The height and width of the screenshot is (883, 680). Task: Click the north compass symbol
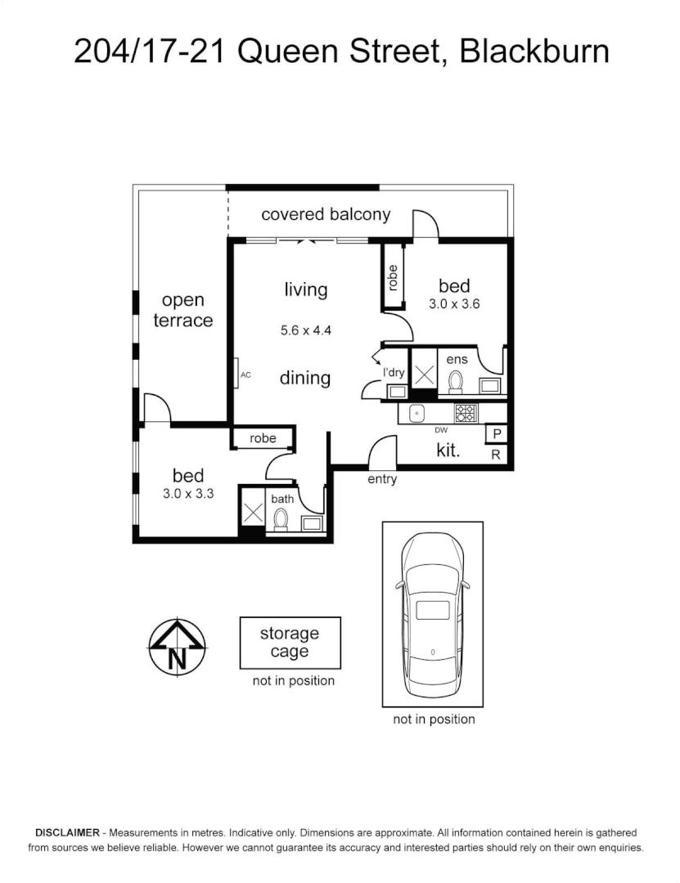coord(177,646)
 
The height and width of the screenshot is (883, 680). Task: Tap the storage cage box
coord(290,643)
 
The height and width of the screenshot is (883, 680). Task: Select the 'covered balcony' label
coord(326,214)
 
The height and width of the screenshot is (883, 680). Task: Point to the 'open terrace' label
coord(183,311)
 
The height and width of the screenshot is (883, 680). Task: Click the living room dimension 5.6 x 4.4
coord(305,331)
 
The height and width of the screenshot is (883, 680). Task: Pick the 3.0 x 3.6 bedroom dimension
coord(454,303)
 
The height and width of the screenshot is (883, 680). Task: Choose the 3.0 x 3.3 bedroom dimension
coord(188,493)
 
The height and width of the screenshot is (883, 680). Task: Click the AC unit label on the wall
coord(245,376)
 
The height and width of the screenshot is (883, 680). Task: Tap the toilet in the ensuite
coord(457,382)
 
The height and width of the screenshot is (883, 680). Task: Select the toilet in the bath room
coord(281,518)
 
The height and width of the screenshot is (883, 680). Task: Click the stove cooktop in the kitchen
coord(466,414)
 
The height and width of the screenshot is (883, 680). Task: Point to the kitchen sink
coord(415,414)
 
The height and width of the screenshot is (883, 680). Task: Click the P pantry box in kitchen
coord(496,434)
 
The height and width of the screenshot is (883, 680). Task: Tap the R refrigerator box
coord(496,455)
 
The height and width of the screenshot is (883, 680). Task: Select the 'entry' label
coord(382,479)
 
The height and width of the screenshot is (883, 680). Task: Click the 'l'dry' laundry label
coord(394,373)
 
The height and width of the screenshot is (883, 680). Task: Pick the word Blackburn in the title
coord(534,52)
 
